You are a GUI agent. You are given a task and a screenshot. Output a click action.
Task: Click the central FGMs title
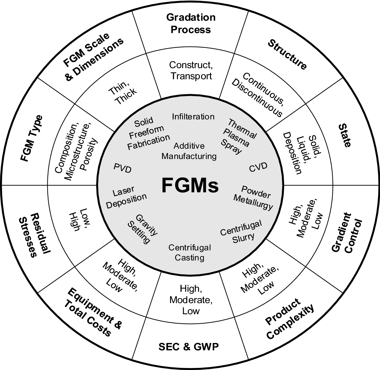[x=190, y=186]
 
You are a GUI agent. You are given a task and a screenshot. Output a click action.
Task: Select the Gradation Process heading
[x=191, y=23]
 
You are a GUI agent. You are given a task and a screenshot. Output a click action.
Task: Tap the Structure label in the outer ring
[x=287, y=55]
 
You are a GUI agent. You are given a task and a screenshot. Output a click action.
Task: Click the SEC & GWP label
[x=188, y=347]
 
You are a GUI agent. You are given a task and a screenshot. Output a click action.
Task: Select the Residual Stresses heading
[x=35, y=235]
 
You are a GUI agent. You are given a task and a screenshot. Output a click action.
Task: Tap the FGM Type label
[x=32, y=138]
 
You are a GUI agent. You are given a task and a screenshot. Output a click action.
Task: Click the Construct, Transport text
[x=191, y=70]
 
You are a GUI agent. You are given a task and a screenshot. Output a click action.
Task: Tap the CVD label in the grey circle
[x=258, y=167]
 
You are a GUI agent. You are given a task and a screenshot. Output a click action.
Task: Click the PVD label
[x=123, y=168]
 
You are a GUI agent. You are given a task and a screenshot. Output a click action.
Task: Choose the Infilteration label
[x=193, y=117]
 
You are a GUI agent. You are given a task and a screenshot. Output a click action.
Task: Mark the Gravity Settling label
[x=143, y=229]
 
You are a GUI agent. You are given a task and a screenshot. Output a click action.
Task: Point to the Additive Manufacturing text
[x=189, y=151]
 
